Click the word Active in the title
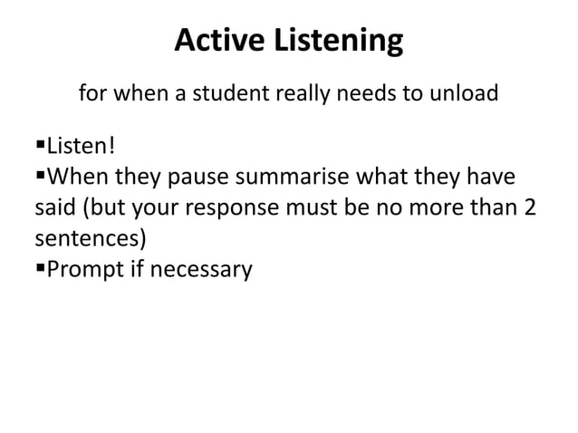[217, 41]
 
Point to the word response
[237, 208]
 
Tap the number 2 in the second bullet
[529, 207]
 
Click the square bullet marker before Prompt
[40, 268]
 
